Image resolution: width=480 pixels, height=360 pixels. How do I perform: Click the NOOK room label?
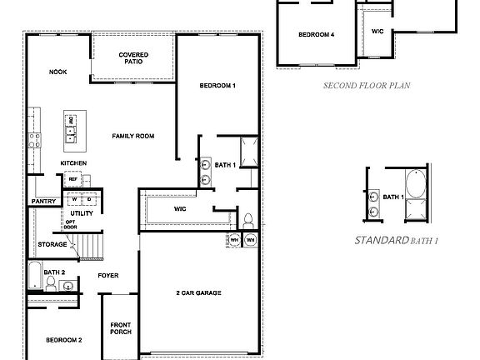pos(57,72)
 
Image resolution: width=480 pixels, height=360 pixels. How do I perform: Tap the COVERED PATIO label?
pos(133,58)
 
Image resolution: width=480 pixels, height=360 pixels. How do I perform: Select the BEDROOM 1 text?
pos(217,87)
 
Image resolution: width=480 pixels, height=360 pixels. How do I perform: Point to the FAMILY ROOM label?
pos(133,136)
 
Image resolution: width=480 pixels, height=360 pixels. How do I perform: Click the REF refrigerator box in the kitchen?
pos(72,179)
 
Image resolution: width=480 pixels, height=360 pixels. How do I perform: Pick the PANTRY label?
pos(42,201)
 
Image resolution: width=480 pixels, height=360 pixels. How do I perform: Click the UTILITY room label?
pos(82,213)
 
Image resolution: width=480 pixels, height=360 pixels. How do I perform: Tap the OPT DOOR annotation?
pos(71,225)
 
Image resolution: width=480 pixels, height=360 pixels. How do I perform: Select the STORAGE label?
pos(52,244)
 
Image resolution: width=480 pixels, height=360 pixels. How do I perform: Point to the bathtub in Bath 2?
pos(33,273)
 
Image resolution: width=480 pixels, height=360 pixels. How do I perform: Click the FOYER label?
pos(107,275)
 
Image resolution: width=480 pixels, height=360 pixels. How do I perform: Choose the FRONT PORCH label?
pos(121,327)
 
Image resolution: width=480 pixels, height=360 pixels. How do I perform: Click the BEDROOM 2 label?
pos(63,340)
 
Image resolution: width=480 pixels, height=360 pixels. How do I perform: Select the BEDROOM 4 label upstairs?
pos(317,35)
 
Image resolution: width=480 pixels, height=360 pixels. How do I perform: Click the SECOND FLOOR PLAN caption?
pos(367,85)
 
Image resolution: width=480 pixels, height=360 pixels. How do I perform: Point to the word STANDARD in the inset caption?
pos(380,240)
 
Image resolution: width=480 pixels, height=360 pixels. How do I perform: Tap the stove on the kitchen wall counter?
pos(35,139)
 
